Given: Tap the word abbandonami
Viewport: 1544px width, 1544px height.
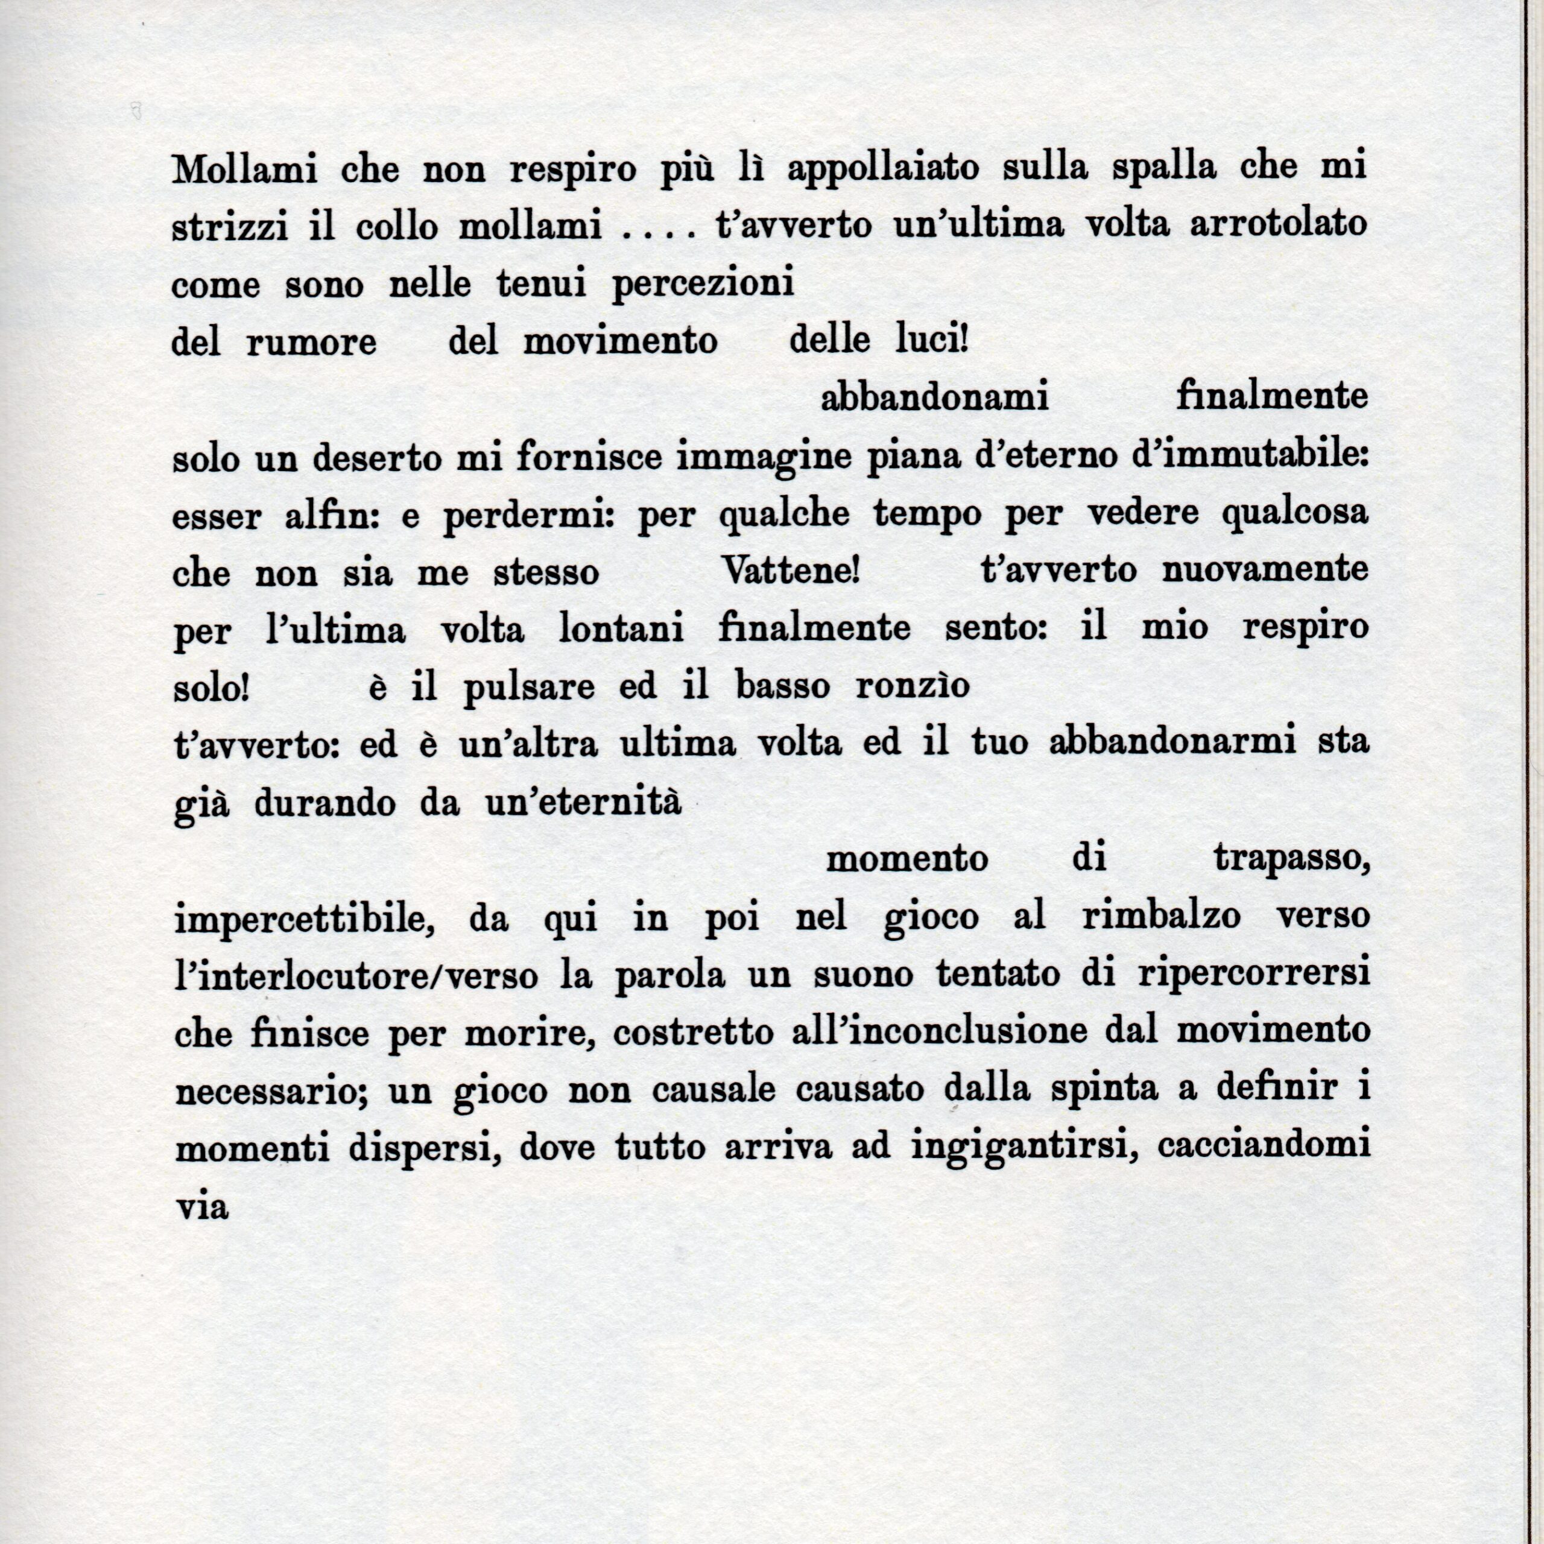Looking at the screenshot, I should tap(934, 398).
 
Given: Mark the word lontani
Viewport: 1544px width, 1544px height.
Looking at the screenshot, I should tap(621, 630).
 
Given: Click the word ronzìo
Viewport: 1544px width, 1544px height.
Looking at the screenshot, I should tap(913, 688).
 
